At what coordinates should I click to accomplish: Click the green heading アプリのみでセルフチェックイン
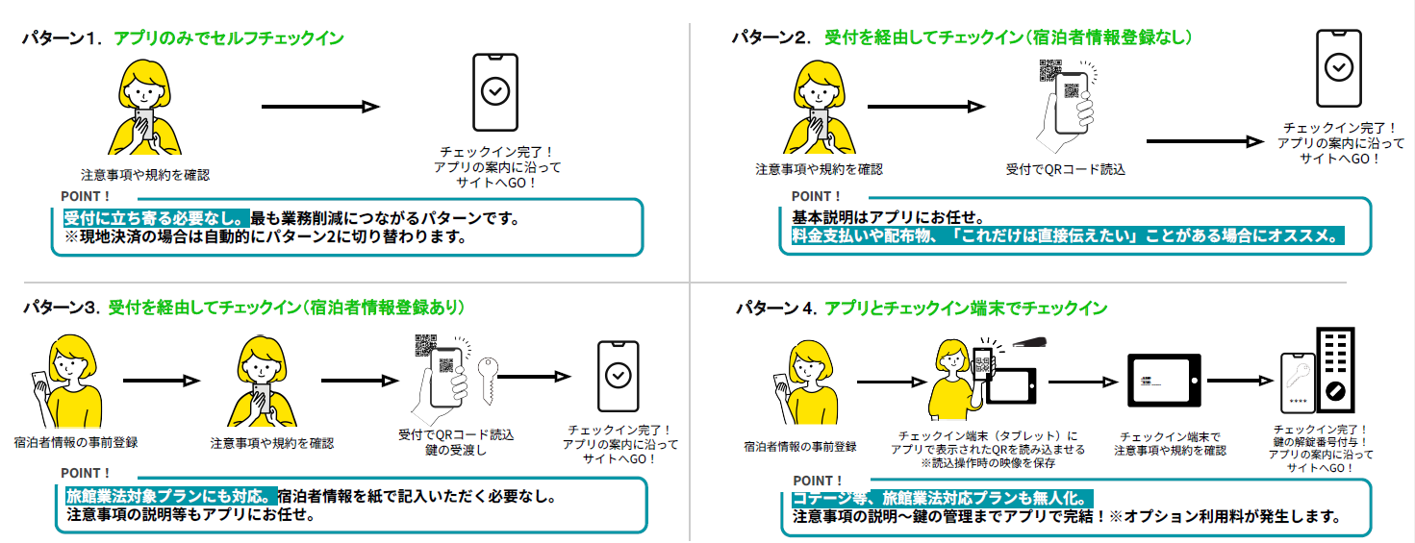[x=229, y=38]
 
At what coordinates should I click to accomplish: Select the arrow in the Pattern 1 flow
[x=320, y=107]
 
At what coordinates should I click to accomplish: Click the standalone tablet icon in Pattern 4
[x=1164, y=382]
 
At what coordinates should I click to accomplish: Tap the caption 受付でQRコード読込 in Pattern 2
[x=1065, y=169]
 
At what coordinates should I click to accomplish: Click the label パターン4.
[x=775, y=309]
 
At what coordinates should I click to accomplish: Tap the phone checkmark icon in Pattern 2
[x=1337, y=67]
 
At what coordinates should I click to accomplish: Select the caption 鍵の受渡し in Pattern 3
[x=442, y=451]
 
